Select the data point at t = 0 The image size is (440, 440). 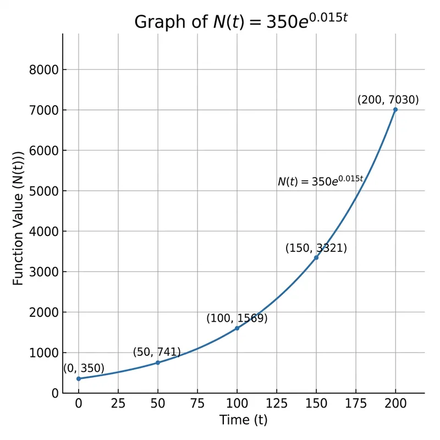click(x=79, y=378)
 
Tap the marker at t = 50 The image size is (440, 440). click(x=158, y=362)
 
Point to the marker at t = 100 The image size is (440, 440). click(x=237, y=328)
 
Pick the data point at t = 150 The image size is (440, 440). click(x=316, y=257)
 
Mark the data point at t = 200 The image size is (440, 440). click(x=395, y=110)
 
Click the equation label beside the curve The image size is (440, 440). click(x=320, y=181)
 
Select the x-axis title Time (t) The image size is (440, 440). click(x=243, y=420)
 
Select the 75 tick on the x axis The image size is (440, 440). click(x=197, y=404)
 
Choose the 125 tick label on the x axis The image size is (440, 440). click(x=277, y=404)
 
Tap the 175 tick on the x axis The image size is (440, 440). click(x=355, y=404)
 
